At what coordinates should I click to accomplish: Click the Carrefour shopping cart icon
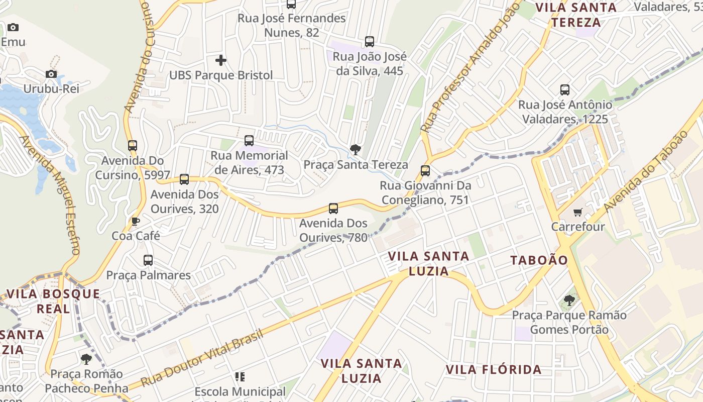click(577, 213)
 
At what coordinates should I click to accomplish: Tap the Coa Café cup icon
click(135, 221)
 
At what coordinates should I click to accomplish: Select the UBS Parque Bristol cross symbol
click(220, 61)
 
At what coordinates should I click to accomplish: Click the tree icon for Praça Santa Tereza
click(356, 149)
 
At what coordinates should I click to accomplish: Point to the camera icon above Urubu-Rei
click(51, 74)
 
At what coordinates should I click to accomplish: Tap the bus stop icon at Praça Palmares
click(148, 260)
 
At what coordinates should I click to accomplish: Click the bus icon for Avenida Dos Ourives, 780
click(333, 208)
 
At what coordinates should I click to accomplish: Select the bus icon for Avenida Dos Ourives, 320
click(184, 179)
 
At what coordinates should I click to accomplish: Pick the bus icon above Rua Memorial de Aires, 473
click(249, 141)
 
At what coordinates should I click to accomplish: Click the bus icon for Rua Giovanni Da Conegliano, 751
click(425, 171)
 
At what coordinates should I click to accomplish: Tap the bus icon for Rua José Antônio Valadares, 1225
click(565, 90)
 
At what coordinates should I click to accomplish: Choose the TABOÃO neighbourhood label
click(539, 260)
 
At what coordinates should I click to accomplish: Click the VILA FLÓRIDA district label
click(494, 370)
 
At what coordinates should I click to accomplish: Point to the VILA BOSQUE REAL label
click(53, 301)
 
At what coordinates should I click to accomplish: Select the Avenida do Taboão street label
click(645, 171)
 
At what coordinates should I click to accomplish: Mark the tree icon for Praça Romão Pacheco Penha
click(86, 359)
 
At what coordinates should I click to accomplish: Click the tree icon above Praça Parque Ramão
click(569, 300)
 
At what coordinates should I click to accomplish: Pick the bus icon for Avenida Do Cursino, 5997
click(133, 146)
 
